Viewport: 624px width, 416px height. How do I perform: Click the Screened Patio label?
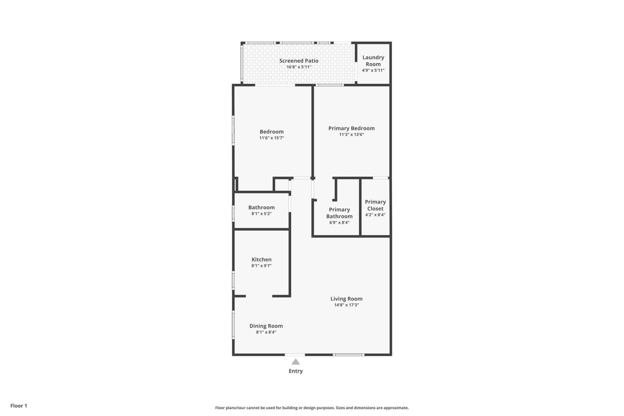299,61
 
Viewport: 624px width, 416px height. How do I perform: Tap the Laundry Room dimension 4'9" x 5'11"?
373,70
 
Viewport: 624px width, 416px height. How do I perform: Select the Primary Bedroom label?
351,128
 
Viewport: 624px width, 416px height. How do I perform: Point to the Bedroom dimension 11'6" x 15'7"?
272,138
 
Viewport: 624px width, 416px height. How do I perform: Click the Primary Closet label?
375,205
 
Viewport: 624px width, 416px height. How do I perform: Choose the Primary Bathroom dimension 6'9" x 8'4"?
339,223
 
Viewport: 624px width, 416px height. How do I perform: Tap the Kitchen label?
261,259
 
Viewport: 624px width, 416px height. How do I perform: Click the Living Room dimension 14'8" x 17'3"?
346,305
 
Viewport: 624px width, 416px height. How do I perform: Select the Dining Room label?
266,326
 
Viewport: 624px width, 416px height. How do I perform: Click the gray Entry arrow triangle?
295,362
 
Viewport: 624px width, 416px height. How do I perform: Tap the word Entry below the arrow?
295,371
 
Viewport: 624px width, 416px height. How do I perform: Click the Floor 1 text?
19,406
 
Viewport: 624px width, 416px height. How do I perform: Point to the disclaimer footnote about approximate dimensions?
312,408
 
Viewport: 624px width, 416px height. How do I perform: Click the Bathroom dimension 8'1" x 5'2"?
261,214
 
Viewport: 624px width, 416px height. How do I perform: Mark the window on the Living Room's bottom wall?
349,355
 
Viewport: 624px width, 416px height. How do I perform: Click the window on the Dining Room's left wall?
233,325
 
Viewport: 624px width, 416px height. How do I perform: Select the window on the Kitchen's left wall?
233,280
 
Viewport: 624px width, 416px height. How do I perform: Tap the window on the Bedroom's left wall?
233,130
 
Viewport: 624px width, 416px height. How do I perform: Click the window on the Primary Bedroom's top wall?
330,85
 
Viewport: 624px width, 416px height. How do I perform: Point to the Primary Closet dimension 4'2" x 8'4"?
375,215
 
